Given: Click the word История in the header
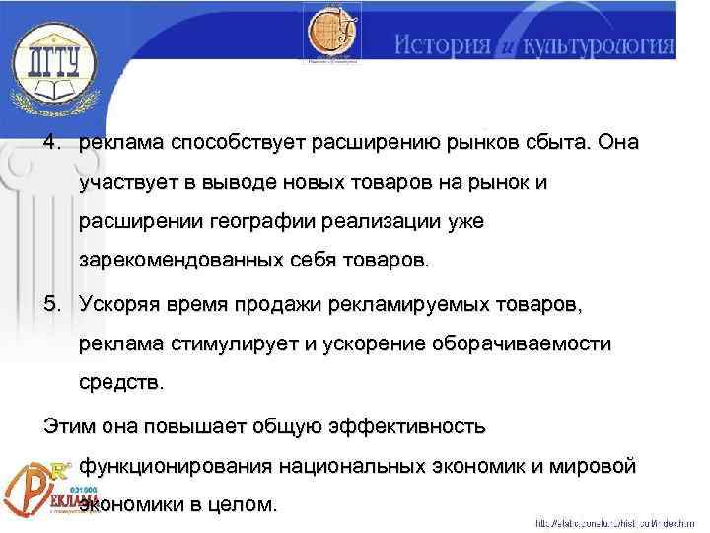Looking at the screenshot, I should [442, 45].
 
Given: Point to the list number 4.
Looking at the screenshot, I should [50, 143].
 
